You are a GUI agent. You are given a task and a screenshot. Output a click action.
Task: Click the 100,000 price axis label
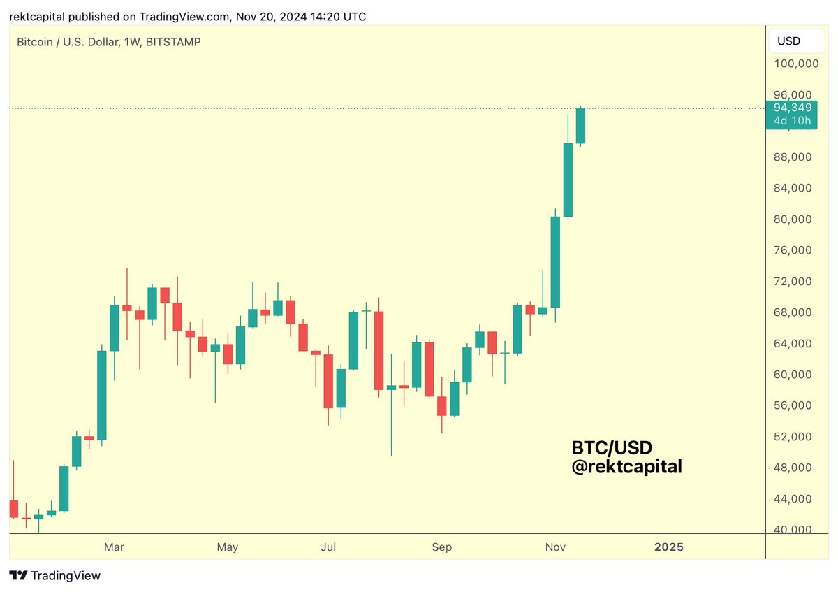[796, 64]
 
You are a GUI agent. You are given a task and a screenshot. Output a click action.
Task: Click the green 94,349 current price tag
[793, 108]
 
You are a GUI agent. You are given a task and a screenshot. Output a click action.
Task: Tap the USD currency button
[788, 41]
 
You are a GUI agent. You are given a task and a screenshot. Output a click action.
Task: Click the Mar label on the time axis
[114, 547]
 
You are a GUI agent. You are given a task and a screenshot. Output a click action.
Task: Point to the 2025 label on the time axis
[668, 547]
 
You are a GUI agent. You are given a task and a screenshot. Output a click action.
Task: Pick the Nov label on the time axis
[556, 547]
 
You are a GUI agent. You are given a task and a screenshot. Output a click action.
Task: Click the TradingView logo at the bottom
[55, 576]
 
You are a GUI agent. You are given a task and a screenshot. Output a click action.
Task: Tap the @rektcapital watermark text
[626, 466]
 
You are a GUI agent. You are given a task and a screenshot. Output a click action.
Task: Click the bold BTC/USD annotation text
[612, 447]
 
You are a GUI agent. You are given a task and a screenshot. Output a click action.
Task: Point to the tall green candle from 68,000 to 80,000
[556, 262]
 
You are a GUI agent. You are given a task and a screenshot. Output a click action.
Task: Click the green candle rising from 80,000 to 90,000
[568, 180]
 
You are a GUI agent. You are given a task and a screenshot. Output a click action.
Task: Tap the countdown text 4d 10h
[793, 120]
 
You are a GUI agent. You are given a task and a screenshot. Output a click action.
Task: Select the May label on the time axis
[228, 547]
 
